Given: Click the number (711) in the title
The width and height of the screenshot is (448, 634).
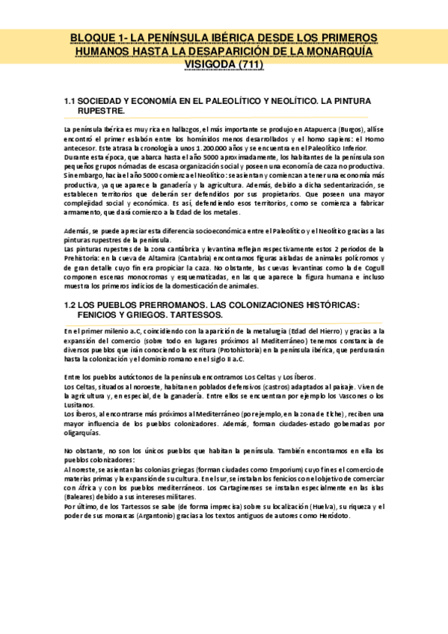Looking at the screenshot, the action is [x=248, y=64].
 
